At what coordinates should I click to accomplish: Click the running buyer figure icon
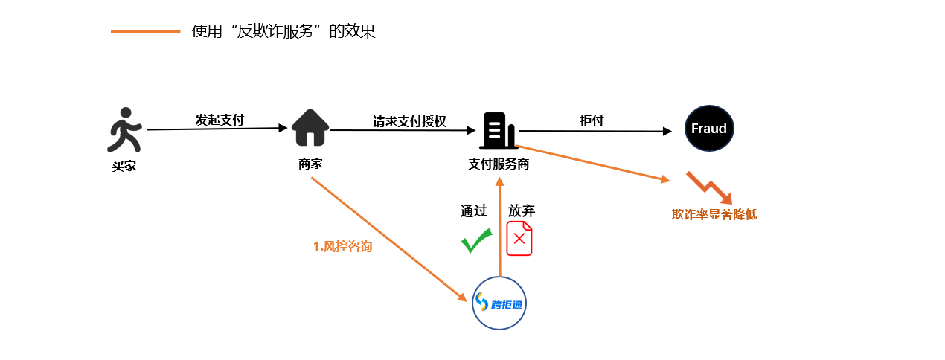125,129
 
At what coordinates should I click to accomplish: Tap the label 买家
124,166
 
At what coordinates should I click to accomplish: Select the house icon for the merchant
310,128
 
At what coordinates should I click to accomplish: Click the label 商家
310,164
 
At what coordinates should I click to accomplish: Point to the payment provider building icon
498,131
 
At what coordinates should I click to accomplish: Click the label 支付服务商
499,164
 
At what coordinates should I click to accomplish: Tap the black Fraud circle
709,129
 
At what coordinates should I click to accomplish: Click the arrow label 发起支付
220,120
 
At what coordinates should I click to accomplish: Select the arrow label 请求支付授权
409,121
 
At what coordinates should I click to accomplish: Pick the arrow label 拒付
592,120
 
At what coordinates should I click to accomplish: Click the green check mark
476,241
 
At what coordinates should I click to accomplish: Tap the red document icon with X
519,239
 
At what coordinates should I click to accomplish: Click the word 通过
473,211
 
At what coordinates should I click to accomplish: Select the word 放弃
521,211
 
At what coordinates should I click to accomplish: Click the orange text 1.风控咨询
342,246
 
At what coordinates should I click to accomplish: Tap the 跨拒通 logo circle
500,303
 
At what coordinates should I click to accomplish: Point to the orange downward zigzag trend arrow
710,188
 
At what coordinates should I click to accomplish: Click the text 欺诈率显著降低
714,215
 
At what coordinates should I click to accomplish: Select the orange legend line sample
145,31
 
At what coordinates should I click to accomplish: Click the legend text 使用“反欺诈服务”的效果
283,31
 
